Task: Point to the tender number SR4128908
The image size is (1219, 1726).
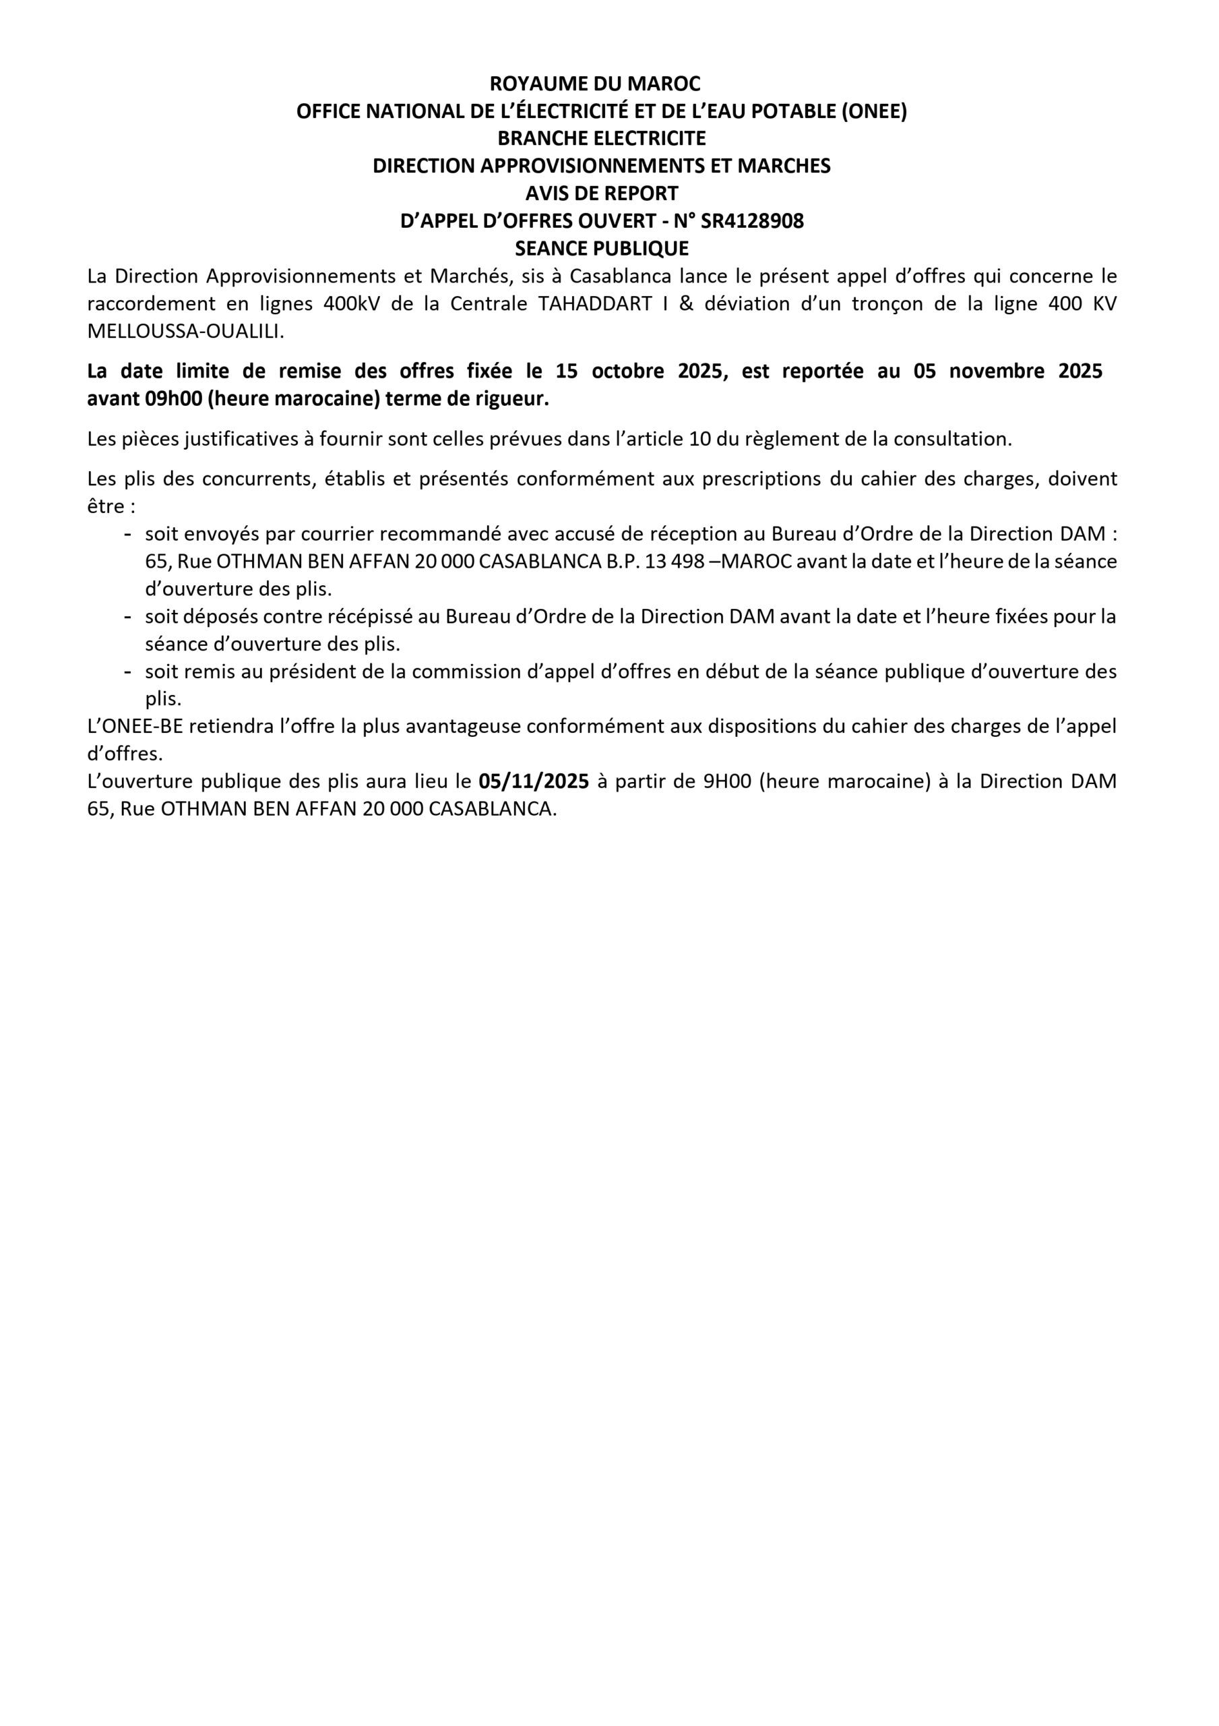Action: click(751, 221)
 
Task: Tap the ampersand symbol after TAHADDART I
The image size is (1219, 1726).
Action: click(686, 303)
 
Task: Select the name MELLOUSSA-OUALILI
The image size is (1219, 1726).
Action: click(185, 332)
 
